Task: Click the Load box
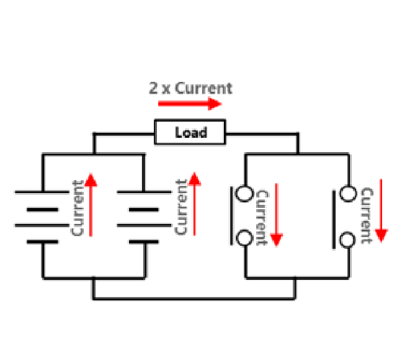pyautogui.click(x=190, y=132)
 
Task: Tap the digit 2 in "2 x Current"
pyautogui.click(x=153, y=88)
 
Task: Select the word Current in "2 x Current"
pyautogui.click(x=203, y=88)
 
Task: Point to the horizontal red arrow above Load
pyautogui.click(x=189, y=103)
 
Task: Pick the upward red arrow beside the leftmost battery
pyautogui.click(x=91, y=205)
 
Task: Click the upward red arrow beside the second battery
pyautogui.click(x=195, y=205)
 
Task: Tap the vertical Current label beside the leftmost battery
pyautogui.click(x=78, y=207)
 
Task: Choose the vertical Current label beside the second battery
pyautogui.click(x=181, y=207)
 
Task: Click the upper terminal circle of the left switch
pyautogui.click(x=246, y=194)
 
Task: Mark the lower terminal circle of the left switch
pyautogui.click(x=246, y=238)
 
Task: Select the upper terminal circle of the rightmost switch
pyautogui.click(x=349, y=194)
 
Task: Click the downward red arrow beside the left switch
pyautogui.click(x=277, y=214)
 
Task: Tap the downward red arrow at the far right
pyautogui.click(x=381, y=214)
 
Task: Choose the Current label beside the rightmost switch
pyautogui.click(x=367, y=216)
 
